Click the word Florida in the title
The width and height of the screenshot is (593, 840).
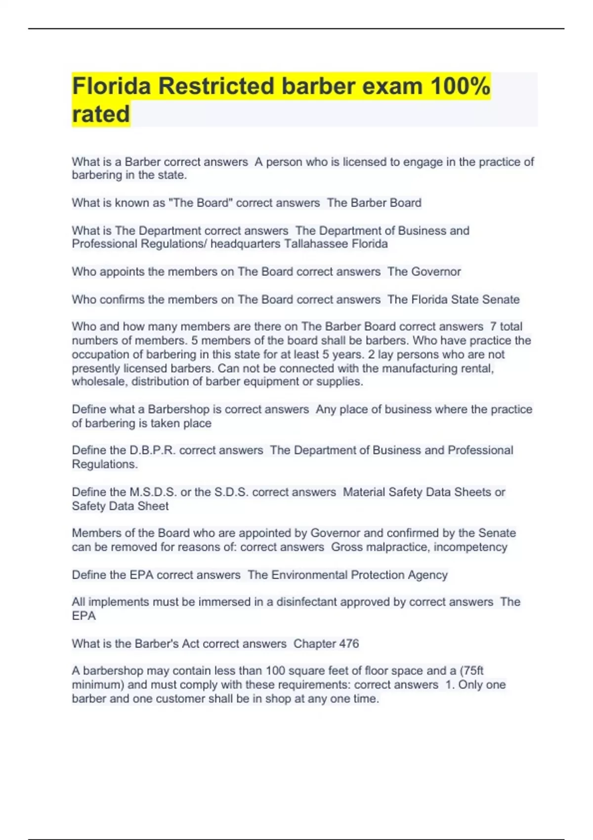(111, 86)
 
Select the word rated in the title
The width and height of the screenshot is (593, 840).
(101, 114)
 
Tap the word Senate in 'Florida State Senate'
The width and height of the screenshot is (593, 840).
(501, 299)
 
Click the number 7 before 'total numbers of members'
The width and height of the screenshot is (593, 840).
(493, 327)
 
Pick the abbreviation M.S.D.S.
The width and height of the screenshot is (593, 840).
(153, 492)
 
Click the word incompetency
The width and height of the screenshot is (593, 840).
(470, 547)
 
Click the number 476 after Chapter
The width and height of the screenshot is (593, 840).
(349, 644)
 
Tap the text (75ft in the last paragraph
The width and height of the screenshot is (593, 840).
(471, 671)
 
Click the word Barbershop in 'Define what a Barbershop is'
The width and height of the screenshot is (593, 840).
(178, 410)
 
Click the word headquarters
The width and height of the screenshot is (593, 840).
(246, 244)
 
